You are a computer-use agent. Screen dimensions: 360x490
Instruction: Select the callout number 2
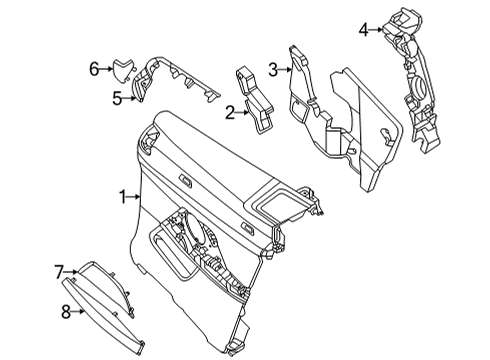[229, 114]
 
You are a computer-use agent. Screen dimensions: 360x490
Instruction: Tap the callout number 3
[272, 69]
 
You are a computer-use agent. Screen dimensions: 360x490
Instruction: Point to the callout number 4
[365, 29]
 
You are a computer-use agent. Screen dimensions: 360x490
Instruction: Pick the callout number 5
[117, 97]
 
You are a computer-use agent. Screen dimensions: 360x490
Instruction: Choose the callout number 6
[93, 69]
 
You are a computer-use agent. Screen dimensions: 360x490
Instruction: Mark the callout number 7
[58, 271]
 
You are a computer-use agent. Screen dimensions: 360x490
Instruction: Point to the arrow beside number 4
[377, 30]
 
